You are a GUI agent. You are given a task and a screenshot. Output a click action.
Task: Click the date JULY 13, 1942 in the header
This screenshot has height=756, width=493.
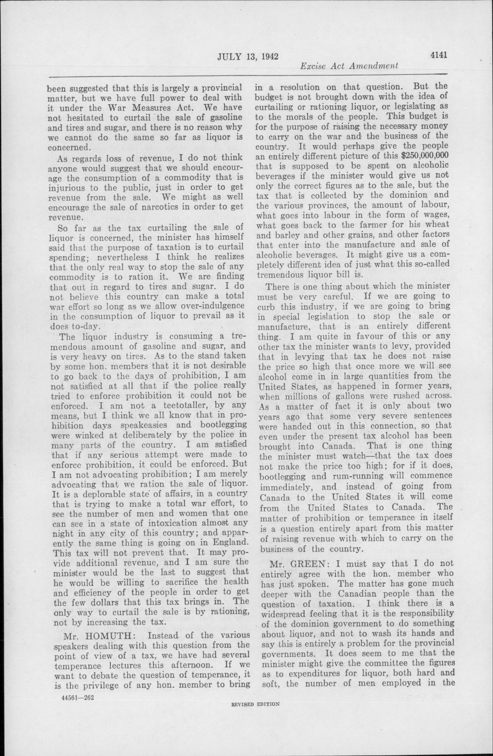coord(248,57)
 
